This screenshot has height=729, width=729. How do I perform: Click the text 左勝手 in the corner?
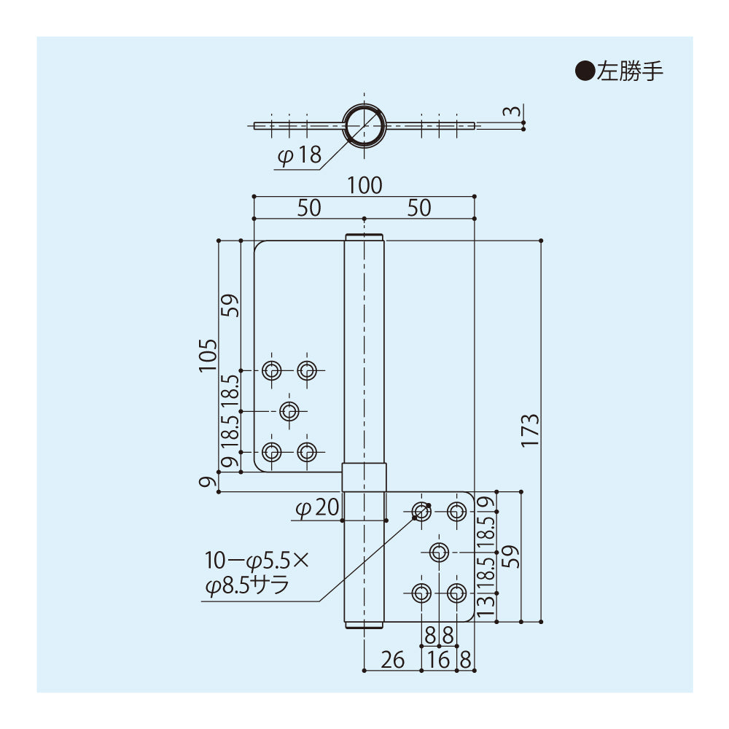click(x=630, y=71)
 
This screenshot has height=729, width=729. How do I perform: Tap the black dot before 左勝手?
click(x=585, y=71)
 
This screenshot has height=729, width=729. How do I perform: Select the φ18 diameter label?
click(x=299, y=155)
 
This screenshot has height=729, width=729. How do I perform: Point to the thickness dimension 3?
click(x=515, y=113)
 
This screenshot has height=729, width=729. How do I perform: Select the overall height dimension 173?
click(x=530, y=430)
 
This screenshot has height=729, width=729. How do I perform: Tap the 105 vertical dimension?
click(x=208, y=355)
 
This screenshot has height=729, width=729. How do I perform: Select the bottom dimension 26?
click(x=392, y=660)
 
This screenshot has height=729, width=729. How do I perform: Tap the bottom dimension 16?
click(x=439, y=660)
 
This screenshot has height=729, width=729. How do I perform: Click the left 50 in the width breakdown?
click(x=308, y=208)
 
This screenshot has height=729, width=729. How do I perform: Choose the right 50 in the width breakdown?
click(x=418, y=208)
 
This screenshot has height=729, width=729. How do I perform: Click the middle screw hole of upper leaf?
click(x=289, y=411)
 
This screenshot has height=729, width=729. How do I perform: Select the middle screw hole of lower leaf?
click(x=438, y=552)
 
